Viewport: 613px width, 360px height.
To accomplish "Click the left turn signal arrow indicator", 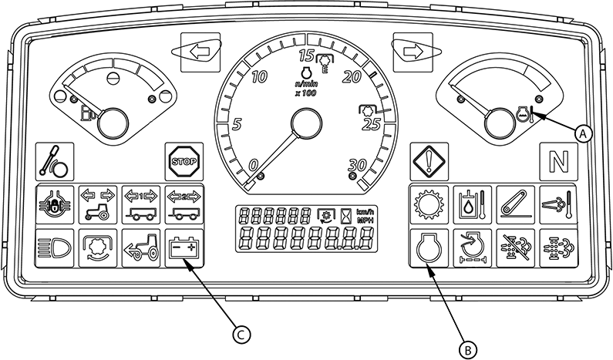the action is point(200,52).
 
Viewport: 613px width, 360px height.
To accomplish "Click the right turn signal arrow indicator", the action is point(413,52).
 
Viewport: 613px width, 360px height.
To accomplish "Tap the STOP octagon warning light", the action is point(184,161).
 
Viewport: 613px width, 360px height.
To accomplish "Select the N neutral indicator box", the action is point(559,161).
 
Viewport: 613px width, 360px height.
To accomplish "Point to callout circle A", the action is point(583,133).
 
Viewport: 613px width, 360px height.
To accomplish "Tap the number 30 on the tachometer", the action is point(356,164).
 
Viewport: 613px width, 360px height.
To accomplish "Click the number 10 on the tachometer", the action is point(260,77).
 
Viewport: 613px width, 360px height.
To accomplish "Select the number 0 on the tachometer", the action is point(254,165).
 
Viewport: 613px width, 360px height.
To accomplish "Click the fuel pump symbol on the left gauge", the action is point(88,113).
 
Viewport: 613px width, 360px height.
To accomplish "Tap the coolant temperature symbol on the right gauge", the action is point(525,114).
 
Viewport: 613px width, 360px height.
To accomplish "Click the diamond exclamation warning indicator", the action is point(429,161).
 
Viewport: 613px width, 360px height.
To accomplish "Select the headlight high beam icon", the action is point(54,248).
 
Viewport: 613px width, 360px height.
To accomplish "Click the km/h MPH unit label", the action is point(365,215).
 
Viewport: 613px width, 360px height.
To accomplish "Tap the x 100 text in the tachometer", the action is point(305,93).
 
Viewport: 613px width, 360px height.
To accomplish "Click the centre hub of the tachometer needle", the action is point(307,123).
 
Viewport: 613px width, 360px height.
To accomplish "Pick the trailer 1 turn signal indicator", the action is point(141,205).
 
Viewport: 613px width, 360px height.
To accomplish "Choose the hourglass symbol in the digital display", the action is point(345,215).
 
